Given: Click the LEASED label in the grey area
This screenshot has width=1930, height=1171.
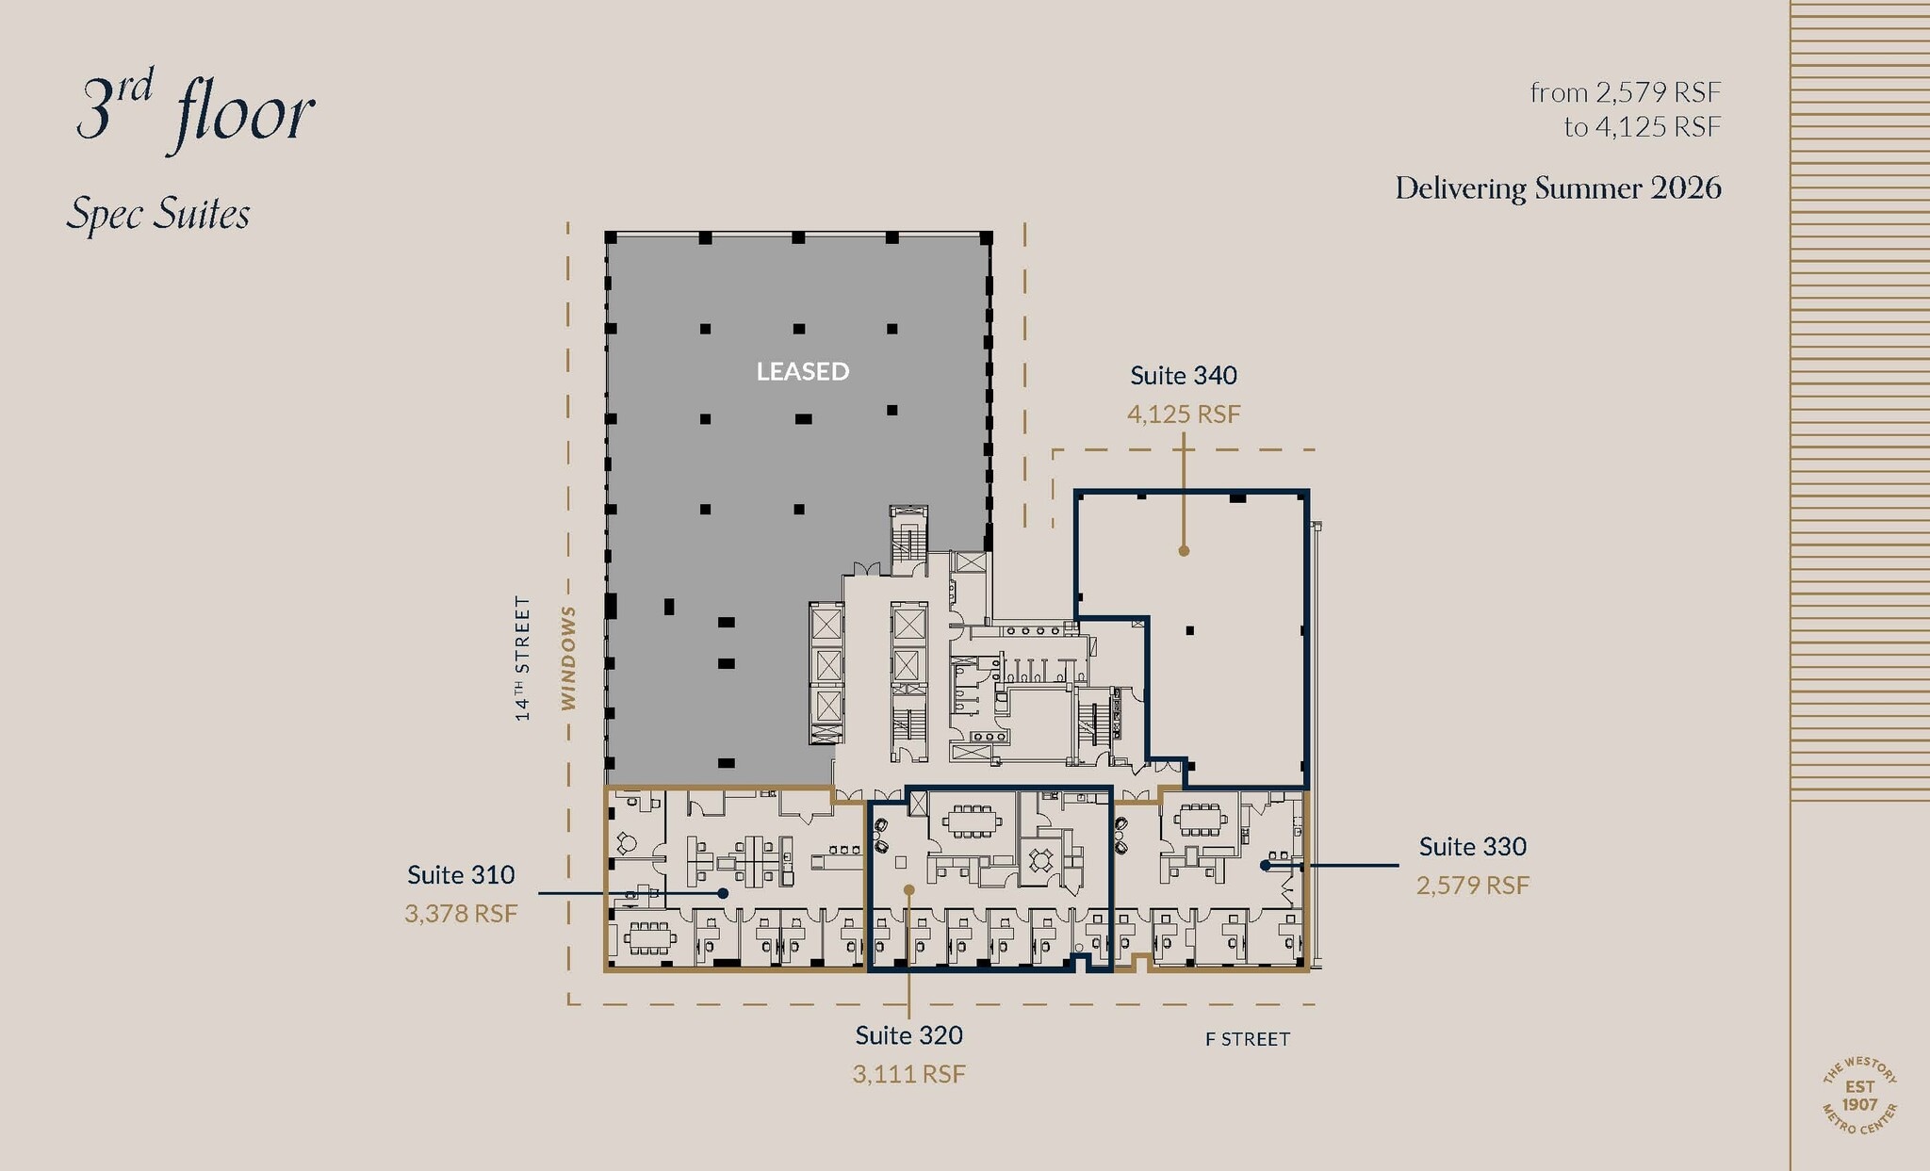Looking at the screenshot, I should (x=803, y=371).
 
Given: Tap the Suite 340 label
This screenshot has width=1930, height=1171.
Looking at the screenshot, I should (x=1184, y=375).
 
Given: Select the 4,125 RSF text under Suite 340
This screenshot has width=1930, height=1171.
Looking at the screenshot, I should (x=1184, y=414).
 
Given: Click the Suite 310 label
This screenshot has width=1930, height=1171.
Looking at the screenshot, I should (x=461, y=874).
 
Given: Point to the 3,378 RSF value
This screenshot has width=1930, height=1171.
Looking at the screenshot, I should (x=461, y=913).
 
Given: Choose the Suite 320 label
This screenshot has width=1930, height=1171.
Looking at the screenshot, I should (x=908, y=1034).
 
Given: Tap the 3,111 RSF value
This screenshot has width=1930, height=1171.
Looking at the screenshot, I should (x=908, y=1073).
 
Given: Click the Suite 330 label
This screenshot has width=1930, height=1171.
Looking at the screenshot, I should (x=1472, y=846).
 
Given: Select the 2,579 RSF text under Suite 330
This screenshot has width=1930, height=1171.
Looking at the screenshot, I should (x=1472, y=885).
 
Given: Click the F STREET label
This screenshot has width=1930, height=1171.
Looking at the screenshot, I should (x=1247, y=1039).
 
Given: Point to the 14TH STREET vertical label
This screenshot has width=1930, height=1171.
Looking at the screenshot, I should (x=522, y=658).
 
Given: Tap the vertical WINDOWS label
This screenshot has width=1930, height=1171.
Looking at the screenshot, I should (x=568, y=658).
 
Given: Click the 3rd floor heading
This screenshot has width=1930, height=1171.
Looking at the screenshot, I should (x=195, y=111).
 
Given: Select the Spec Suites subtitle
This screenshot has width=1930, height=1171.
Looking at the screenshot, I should (x=158, y=214).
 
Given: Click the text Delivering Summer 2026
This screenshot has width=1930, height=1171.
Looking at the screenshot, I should (x=1558, y=187).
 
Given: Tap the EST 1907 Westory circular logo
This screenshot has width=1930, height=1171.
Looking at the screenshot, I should (x=1859, y=1096).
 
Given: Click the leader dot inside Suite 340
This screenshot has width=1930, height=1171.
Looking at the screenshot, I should (x=1184, y=550).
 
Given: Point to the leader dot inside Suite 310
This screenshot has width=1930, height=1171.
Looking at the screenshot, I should (x=723, y=892).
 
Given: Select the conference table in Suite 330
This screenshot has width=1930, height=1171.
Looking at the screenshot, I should (x=1199, y=819).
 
